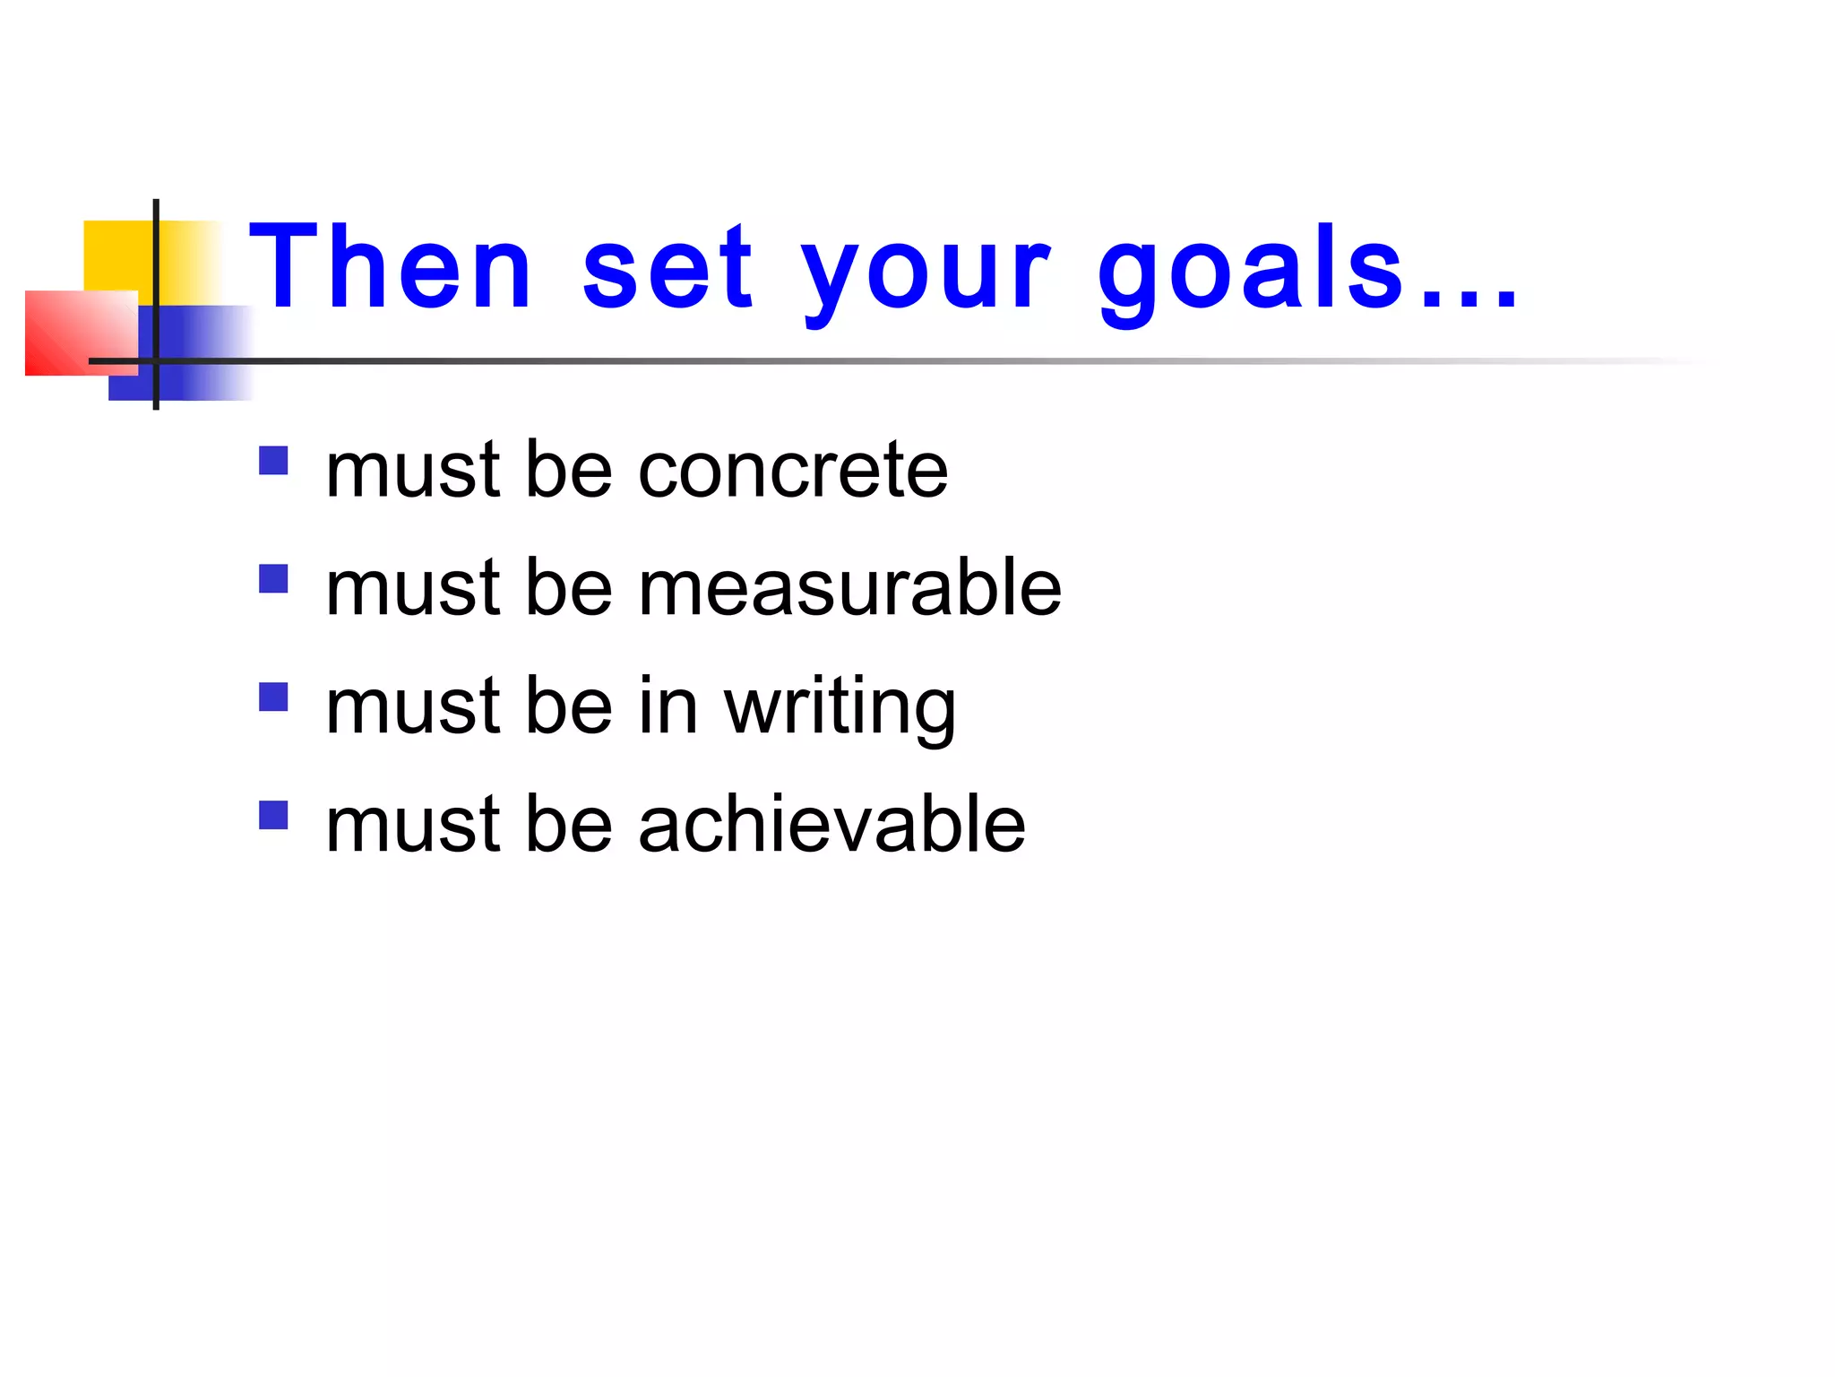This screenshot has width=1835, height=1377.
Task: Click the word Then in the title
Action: tap(391, 267)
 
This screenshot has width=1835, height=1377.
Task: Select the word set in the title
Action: tap(668, 267)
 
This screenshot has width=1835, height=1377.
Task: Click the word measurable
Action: tap(849, 588)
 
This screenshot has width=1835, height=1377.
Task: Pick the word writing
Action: tap(840, 708)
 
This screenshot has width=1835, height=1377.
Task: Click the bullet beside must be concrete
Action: tap(273, 461)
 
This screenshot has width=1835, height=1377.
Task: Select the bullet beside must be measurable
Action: tap(273, 579)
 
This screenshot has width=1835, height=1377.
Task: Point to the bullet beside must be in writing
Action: tap(273, 697)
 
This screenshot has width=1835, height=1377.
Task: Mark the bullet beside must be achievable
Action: tap(273, 816)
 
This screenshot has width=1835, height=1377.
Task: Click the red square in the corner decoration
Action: tap(76, 332)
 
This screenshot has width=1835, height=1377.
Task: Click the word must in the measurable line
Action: tap(412, 588)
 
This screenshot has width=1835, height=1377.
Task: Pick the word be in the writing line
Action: tap(569, 706)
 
